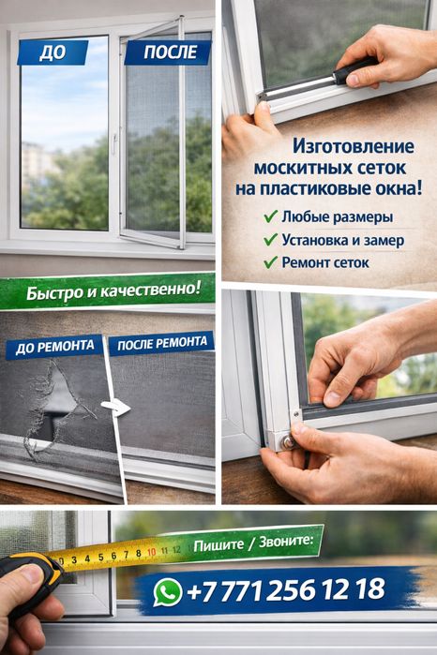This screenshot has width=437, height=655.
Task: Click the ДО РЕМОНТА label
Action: (54, 347)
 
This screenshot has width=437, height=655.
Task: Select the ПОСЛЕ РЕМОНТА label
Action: (160, 344)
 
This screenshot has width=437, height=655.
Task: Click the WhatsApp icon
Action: (168, 591)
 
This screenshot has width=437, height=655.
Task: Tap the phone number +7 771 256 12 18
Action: (286, 589)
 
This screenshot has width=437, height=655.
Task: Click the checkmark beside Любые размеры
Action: (270, 217)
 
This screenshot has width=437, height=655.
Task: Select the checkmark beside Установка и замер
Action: (270, 240)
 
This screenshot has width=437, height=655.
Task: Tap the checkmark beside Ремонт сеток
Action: (270, 262)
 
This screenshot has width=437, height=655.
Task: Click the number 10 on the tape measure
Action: (151, 551)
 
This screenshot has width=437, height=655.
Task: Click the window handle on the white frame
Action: (115, 143)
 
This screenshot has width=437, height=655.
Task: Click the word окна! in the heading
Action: (395, 188)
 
